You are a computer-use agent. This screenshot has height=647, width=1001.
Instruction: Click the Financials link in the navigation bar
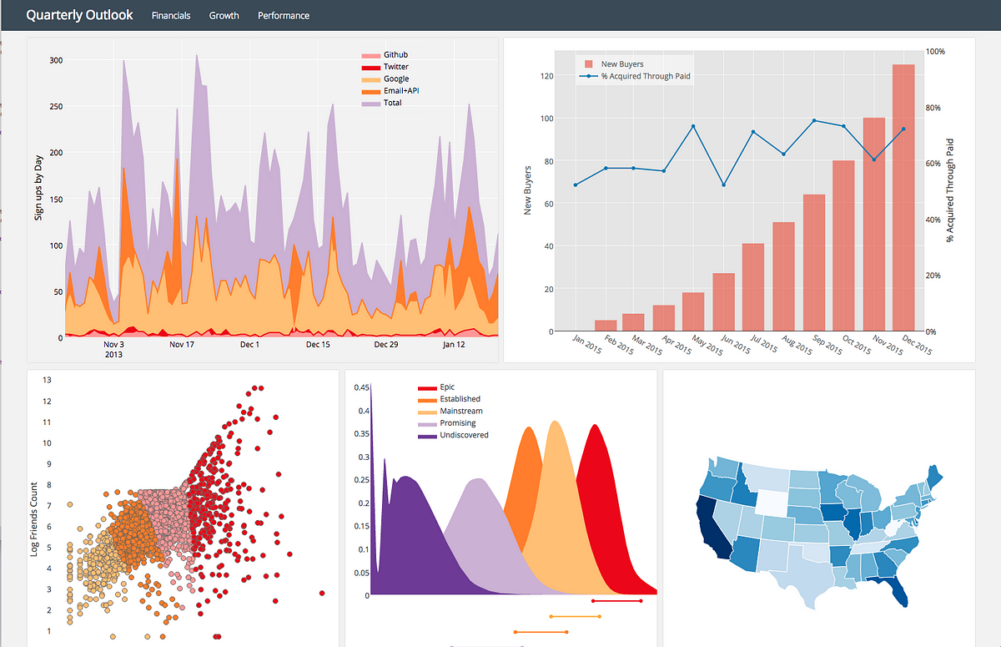(x=171, y=16)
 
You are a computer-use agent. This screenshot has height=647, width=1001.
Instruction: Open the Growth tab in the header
(x=224, y=16)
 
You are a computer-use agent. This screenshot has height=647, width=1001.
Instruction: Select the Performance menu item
(x=284, y=16)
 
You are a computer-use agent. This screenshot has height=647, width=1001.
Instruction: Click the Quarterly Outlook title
(x=79, y=15)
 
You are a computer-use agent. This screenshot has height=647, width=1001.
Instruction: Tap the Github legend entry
(x=395, y=55)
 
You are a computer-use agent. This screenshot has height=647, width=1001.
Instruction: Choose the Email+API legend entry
(x=400, y=91)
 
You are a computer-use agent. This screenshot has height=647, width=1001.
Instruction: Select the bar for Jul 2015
(x=753, y=287)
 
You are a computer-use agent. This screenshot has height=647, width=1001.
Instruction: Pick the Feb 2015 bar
(x=606, y=326)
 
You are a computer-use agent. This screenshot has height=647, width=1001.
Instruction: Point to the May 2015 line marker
(x=693, y=127)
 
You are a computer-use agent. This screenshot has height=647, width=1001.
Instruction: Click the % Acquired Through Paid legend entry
(x=645, y=76)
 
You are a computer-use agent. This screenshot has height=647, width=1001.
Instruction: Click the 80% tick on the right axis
(x=935, y=108)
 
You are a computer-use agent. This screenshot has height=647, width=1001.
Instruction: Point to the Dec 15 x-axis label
(x=318, y=344)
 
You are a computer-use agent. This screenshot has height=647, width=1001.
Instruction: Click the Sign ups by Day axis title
(x=38, y=189)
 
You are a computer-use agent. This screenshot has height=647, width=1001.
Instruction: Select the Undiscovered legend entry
(x=463, y=435)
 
